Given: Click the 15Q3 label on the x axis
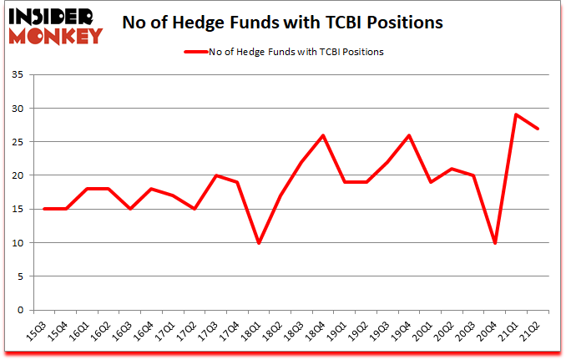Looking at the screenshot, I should [38, 329].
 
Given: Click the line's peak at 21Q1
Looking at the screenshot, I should [518, 114].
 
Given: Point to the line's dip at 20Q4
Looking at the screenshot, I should [496, 242].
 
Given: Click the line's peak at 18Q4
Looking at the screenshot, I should [322, 135].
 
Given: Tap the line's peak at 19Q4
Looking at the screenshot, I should [409, 135].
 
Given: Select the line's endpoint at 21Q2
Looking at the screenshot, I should [539, 129].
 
